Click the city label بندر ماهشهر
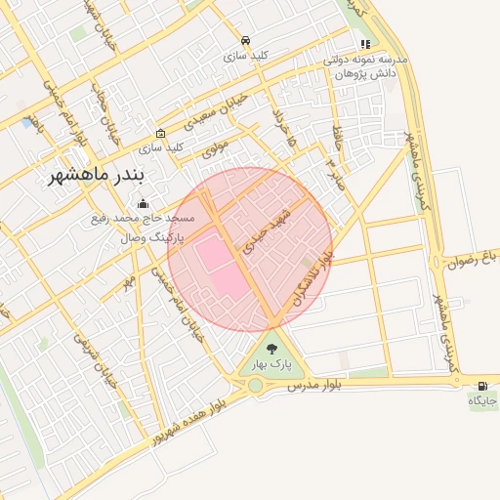[97, 177]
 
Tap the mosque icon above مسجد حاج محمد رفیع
[144, 204]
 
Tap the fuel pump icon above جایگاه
[482, 385]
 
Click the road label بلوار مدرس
[312, 387]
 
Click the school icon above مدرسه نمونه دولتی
[365, 44]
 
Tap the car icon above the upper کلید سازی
[245, 41]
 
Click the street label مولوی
[215, 148]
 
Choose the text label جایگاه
[482, 400]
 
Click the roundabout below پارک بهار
[256, 385]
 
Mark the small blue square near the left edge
[24, 123]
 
